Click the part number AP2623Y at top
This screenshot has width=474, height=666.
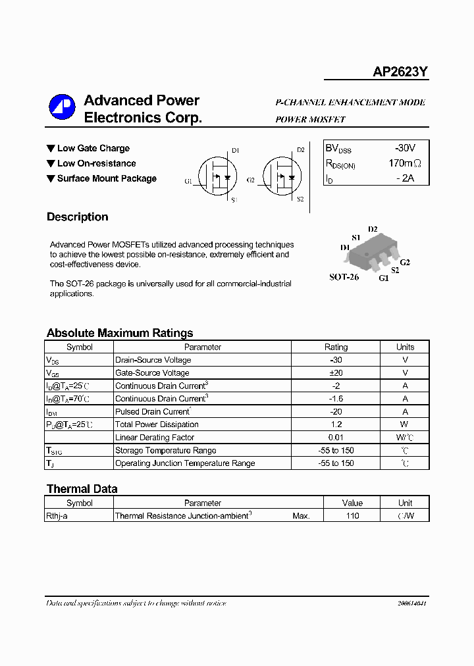click(400, 73)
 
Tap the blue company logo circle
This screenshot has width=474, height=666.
click(63, 107)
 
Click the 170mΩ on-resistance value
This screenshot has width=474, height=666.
click(404, 163)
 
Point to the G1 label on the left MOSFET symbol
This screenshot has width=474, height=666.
click(188, 181)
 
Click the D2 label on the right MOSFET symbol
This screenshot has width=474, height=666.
click(301, 150)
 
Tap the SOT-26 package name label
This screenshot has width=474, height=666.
click(344, 277)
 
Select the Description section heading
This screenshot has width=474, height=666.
click(77, 217)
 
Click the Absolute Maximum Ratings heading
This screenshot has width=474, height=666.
click(120, 333)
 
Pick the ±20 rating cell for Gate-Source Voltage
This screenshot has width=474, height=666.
click(336, 373)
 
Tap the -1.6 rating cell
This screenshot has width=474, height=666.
click(336, 399)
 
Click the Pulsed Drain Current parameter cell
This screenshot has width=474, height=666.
click(153, 411)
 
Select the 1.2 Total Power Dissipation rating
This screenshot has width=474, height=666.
click(336, 424)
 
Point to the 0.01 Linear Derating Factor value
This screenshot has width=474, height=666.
click(336, 438)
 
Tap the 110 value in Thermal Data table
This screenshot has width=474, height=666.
click(352, 516)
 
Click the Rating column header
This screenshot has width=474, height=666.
click(336, 347)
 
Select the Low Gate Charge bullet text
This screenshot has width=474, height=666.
click(93, 149)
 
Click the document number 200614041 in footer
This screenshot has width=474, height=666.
click(412, 603)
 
